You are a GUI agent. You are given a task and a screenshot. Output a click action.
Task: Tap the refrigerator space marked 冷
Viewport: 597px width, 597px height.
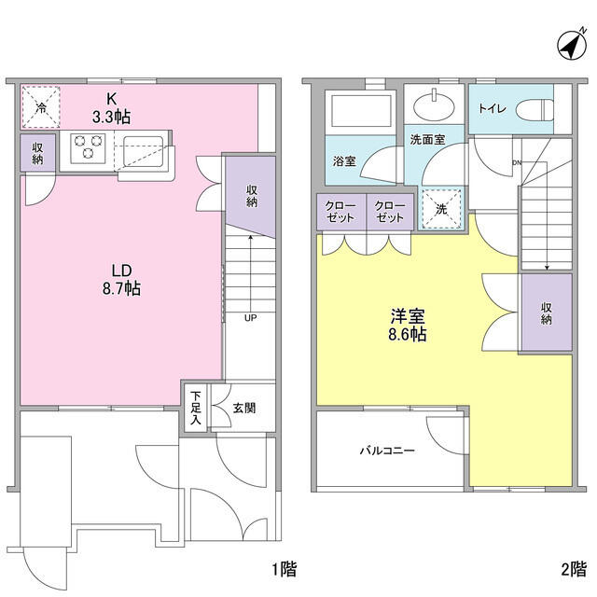coord(41,106)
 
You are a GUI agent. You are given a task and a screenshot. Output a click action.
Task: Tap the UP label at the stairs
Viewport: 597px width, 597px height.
coord(250,317)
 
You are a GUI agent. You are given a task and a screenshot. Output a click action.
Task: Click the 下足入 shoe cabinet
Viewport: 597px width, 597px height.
coord(196,407)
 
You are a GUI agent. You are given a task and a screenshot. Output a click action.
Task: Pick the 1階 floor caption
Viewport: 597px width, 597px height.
coord(284,569)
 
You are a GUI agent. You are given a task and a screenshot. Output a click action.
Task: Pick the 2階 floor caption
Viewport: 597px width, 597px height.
coord(574,569)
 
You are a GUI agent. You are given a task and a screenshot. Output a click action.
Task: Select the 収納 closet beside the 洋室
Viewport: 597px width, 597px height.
coord(546,312)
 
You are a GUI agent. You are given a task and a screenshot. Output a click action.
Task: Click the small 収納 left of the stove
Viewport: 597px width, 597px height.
coord(37,154)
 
